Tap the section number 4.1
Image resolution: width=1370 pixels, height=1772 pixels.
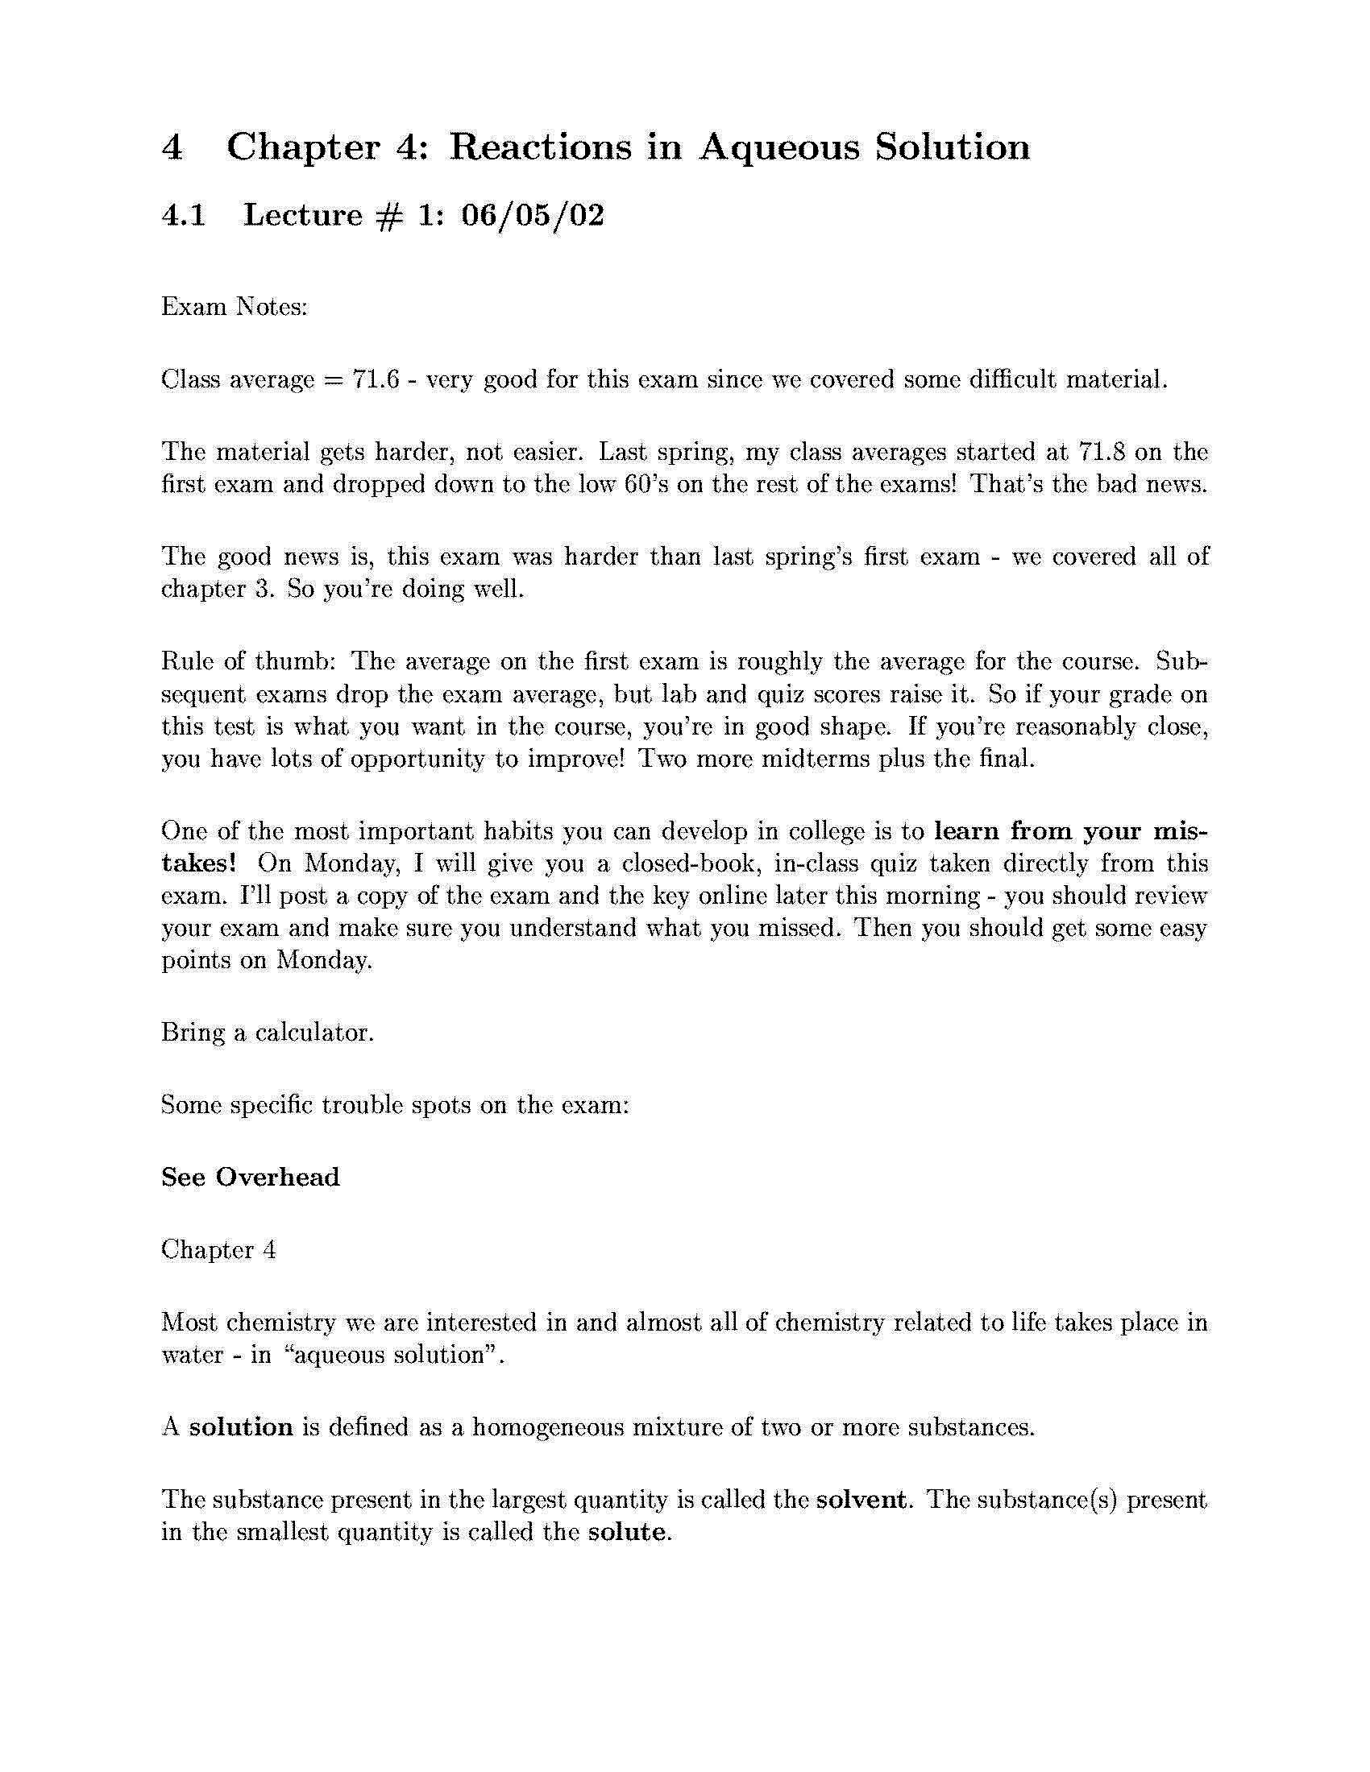pos(185,215)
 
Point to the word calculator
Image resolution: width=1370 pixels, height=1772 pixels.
pos(315,1033)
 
